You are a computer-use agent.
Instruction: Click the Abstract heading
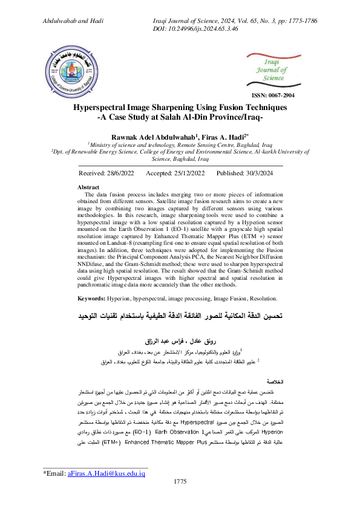coord(90,187)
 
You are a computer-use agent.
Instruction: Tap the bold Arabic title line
coord(180,316)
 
